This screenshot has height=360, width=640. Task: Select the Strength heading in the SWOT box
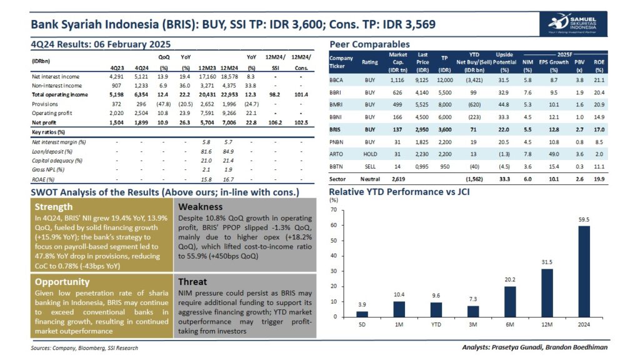pos(54,207)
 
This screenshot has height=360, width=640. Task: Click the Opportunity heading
pos(63,282)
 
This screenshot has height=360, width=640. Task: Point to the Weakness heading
pos(201,207)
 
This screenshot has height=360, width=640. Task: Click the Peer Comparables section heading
pos(369,44)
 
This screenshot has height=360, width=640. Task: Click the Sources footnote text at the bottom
pos(84,348)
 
